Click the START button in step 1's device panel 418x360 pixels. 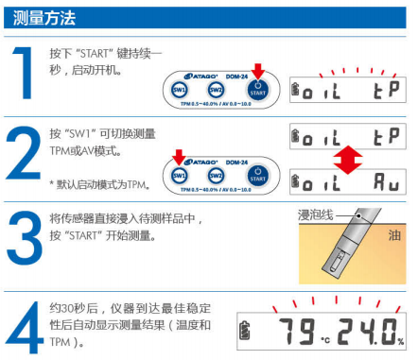tap(257, 89)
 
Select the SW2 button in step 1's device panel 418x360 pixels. tap(217, 89)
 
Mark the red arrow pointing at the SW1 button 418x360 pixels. tap(179, 154)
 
